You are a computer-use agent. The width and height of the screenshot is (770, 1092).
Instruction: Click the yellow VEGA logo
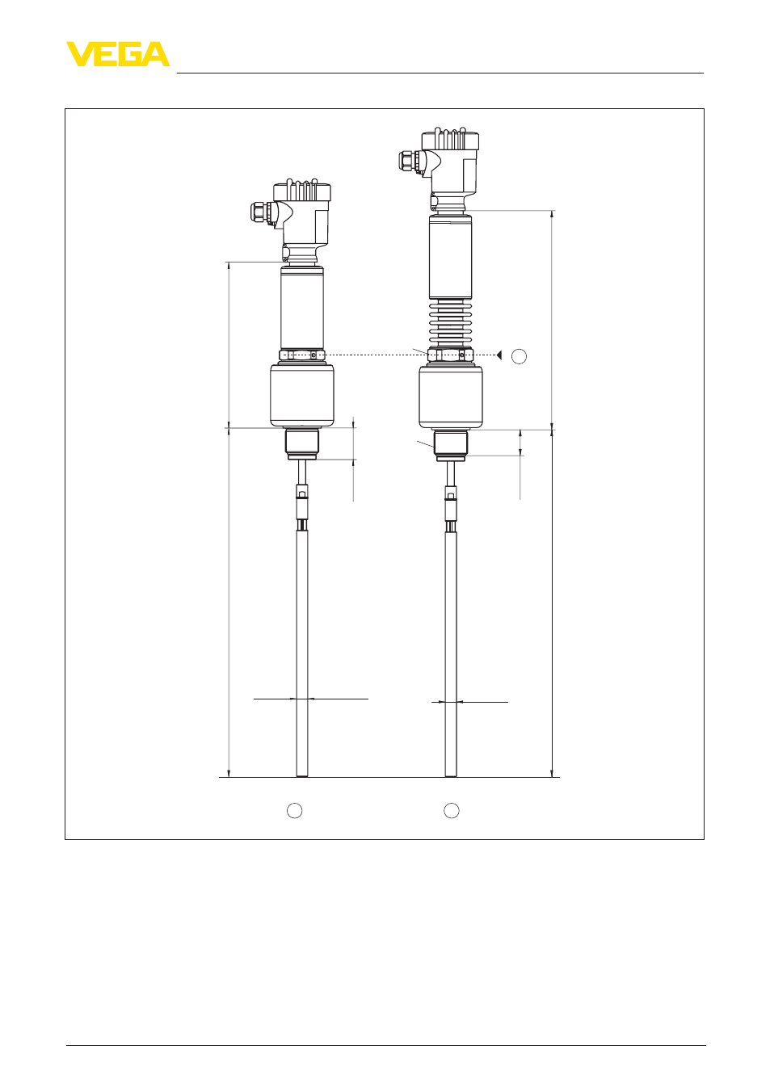click(118, 54)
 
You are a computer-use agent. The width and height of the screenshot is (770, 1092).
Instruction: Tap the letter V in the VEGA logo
click(79, 54)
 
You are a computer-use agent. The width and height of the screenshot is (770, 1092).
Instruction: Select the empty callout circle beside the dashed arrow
click(519, 356)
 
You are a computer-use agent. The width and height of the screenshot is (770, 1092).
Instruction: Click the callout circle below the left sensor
click(295, 810)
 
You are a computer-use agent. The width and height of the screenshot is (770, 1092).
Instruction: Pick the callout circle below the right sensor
click(452, 810)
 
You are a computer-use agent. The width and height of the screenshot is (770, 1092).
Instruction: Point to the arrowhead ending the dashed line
click(499, 355)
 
